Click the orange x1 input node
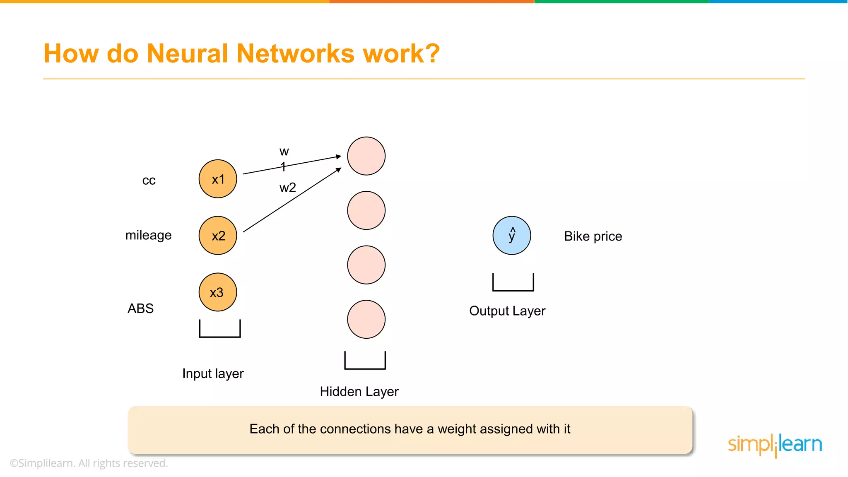(x=218, y=179)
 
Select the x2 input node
(x=218, y=235)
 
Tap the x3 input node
(x=218, y=292)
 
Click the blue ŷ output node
(x=512, y=235)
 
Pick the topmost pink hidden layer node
(x=366, y=156)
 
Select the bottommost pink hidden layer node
(x=366, y=319)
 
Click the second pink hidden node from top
(x=366, y=210)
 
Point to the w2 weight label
(x=287, y=188)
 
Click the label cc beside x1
(x=149, y=180)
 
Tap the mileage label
(x=148, y=235)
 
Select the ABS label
(x=140, y=308)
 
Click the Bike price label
(x=593, y=236)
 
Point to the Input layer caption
(x=213, y=373)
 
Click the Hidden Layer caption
(x=359, y=391)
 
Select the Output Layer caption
(x=507, y=311)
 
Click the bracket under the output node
(x=513, y=286)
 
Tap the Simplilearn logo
(x=775, y=445)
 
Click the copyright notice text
(x=89, y=463)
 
